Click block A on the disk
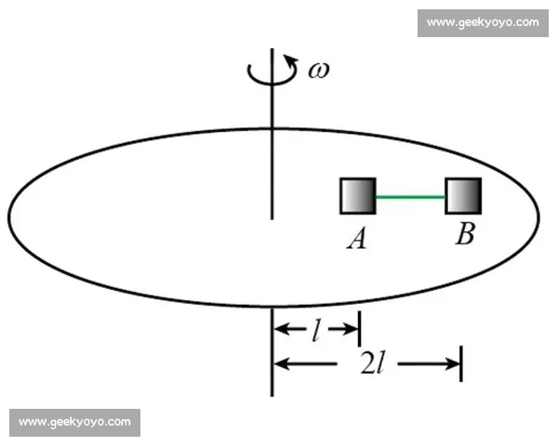point(358,196)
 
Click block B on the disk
point(463,196)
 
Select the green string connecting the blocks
point(410,196)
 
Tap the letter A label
point(356,238)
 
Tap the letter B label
point(465,233)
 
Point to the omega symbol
point(318,70)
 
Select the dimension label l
point(315,331)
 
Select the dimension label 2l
point(372,363)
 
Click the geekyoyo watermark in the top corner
point(483,22)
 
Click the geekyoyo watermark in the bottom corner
point(74,422)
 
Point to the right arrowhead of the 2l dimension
point(454,364)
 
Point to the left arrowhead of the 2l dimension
point(281,364)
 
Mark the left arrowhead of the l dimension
point(281,329)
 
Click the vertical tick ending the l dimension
point(360,329)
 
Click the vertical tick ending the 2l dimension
point(461,363)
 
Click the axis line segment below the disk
point(272,352)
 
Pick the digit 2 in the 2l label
point(367,363)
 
